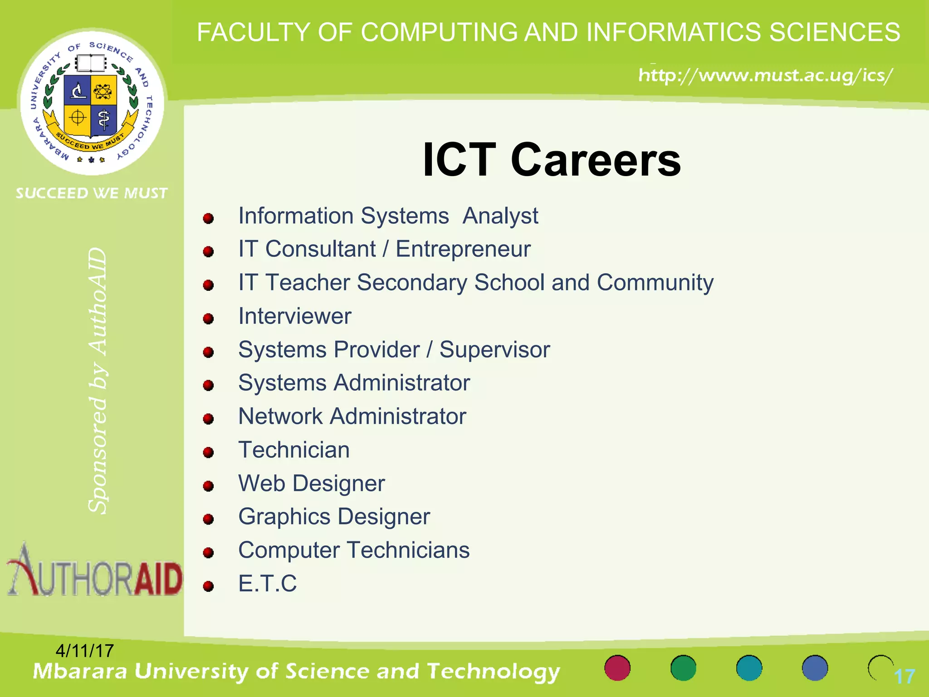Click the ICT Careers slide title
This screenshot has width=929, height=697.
click(x=551, y=160)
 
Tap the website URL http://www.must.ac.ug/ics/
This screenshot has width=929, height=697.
click(x=766, y=75)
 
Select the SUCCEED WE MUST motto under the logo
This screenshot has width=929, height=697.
click(x=92, y=193)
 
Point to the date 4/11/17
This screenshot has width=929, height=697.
click(x=84, y=651)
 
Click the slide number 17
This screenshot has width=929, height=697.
click(x=904, y=677)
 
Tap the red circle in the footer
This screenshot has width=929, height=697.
click(x=617, y=668)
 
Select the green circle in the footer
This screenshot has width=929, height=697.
click(x=683, y=668)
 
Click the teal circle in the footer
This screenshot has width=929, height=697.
click(x=749, y=668)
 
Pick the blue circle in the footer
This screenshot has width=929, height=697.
click(x=815, y=668)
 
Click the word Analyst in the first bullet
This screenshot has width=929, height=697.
click(x=500, y=216)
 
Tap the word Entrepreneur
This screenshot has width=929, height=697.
click(x=463, y=249)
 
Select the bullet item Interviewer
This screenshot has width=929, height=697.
click(x=295, y=316)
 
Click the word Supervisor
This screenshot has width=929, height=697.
click(x=494, y=349)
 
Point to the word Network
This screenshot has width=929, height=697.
click(x=280, y=416)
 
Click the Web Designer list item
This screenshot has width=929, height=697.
click(x=312, y=483)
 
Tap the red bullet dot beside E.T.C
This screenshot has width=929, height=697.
click(x=208, y=586)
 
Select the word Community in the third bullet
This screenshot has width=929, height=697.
click(x=655, y=283)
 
